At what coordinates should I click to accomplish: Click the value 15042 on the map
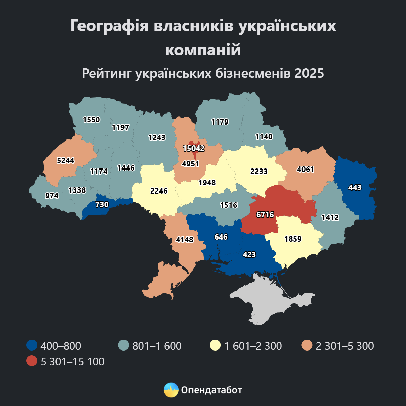[x=194, y=148]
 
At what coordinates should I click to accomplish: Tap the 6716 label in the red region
[x=265, y=215]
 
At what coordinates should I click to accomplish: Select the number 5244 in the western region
[x=65, y=160]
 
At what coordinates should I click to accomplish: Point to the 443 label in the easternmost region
[x=355, y=187]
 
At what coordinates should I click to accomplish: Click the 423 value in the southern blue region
[x=249, y=254]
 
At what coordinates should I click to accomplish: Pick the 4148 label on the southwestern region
[x=185, y=240]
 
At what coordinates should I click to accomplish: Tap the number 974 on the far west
[x=52, y=196]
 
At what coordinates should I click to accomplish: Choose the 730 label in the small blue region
[x=102, y=204]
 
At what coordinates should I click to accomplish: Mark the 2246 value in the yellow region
[x=159, y=191]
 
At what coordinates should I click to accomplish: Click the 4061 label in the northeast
[x=306, y=169]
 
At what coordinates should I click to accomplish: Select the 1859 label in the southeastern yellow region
[x=293, y=239]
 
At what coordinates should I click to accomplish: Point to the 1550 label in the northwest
[x=91, y=120]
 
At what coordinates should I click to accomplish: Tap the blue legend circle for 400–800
[x=31, y=346]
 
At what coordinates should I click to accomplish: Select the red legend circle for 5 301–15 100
[x=31, y=361]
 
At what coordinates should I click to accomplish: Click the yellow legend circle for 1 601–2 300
[x=215, y=346]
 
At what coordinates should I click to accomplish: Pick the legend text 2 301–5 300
[x=344, y=346]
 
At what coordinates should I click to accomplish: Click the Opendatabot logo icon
[x=171, y=390]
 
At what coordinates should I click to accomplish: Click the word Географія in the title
[x=109, y=26]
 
